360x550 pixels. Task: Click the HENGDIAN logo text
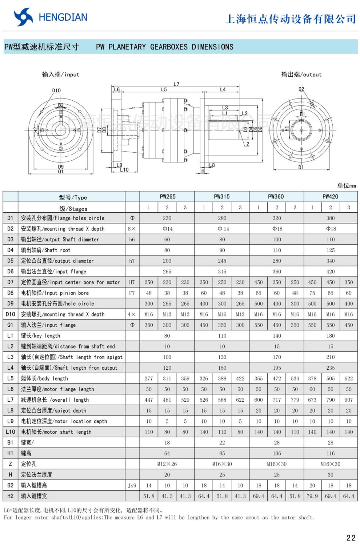coord(63,17)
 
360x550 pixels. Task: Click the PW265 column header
coord(167,197)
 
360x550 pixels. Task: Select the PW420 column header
coord(330,197)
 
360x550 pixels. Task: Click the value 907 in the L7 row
coord(348,400)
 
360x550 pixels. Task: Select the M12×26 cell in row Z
coord(167,464)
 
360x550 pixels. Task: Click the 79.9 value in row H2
coord(312,496)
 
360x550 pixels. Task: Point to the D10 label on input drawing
coord(56,91)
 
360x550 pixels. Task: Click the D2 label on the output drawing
coord(301,89)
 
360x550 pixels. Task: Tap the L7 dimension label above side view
coord(176,84)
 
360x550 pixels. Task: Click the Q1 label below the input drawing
coord(61,172)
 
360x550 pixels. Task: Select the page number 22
coord(351,538)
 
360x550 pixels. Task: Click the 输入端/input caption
coord(60,75)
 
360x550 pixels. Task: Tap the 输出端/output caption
coord(301,75)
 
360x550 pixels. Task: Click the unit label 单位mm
coord(346,186)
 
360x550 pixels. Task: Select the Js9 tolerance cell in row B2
coord(132,485)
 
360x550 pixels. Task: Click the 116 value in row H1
coord(330,453)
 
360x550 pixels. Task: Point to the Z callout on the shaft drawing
coord(248,144)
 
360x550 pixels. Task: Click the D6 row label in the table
coord(10,272)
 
